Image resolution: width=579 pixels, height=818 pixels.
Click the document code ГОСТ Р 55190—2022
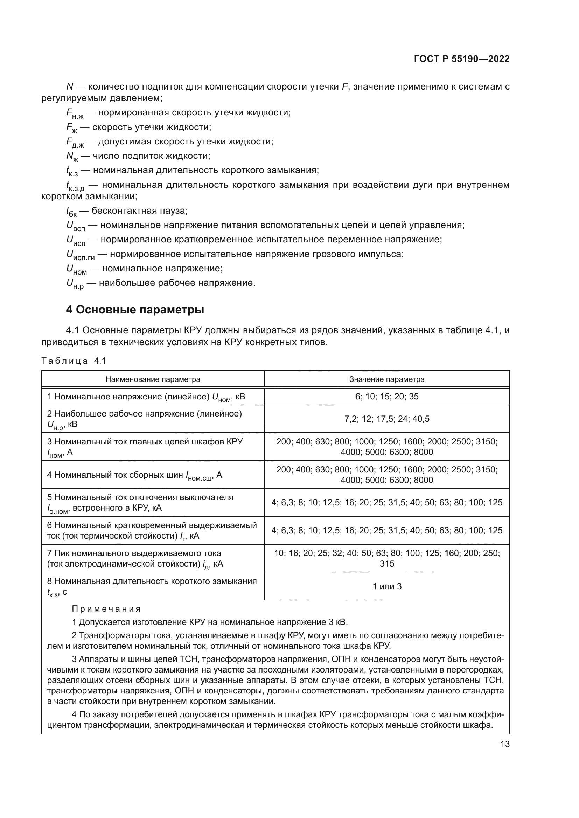click(x=462, y=59)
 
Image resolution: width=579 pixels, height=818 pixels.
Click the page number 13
click(x=505, y=744)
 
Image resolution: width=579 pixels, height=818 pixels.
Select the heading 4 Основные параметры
click(x=135, y=310)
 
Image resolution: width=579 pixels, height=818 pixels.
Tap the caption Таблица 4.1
click(x=74, y=361)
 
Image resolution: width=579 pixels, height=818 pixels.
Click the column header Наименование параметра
click(x=153, y=379)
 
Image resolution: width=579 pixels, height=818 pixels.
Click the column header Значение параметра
click(x=387, y=379)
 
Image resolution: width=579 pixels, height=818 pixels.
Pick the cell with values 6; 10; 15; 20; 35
click(x=387, y=397)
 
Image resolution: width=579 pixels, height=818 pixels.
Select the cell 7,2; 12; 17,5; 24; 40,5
click(x=387, y=419)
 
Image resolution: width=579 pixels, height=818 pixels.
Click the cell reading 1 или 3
click(x=387, y=586)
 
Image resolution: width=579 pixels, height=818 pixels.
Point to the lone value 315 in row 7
click(x=387, y=564)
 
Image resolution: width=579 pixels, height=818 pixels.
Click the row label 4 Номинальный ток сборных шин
click(x=134, y=475)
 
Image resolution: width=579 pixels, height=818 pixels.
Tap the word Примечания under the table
click(x=106, y=609)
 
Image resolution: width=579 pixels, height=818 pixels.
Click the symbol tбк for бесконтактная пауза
click(x=71, y=212)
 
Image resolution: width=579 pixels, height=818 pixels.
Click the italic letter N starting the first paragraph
click(x=70, y=87)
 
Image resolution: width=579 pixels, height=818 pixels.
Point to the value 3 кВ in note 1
click(x=337, y=623)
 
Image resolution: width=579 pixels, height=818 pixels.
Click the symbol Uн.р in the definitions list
click(x=75, y=284)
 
